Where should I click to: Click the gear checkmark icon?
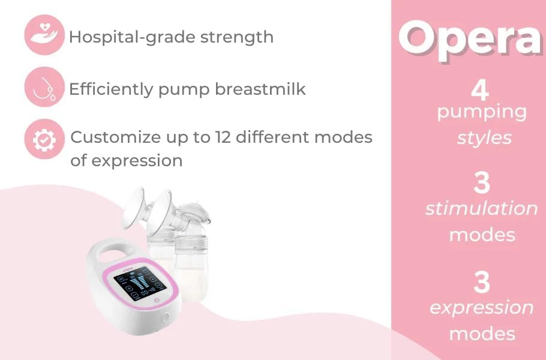click(44, 139)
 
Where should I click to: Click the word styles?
click(484, 137)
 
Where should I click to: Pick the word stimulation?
click(481, 209)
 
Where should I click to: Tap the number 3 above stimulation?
click(481, 184)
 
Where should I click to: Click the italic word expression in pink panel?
click(481, 308)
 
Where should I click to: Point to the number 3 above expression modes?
click(481, 283)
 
